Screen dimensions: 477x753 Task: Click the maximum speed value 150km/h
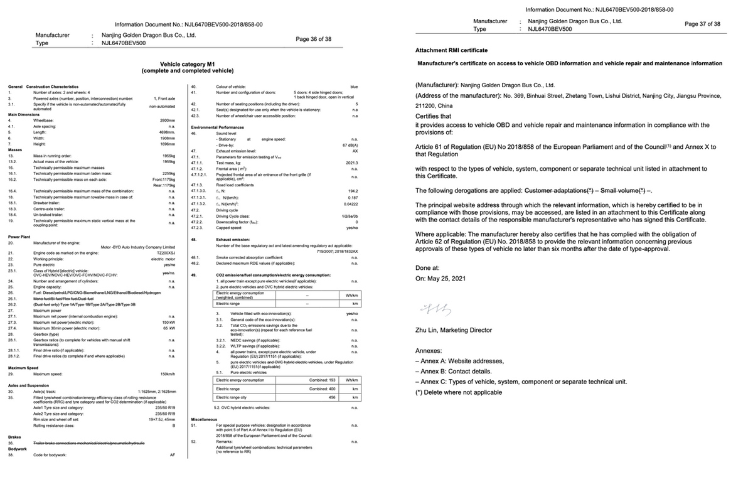pos(167,374)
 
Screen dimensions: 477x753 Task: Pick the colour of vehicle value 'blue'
pos(354,86)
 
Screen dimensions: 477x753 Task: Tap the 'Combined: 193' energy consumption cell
pos(324,380)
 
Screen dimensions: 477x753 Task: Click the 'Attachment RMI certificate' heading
pos(451,50)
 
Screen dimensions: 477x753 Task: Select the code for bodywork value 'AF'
pos(171,454)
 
